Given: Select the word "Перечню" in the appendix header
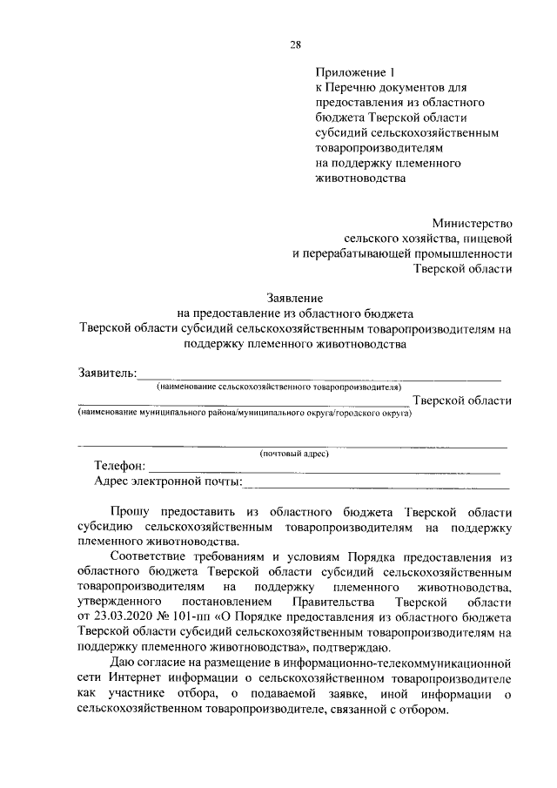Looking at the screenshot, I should coord(352,87).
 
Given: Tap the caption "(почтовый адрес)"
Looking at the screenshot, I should coord(294,454).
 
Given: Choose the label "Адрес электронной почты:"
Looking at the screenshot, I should coord(169,481).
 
